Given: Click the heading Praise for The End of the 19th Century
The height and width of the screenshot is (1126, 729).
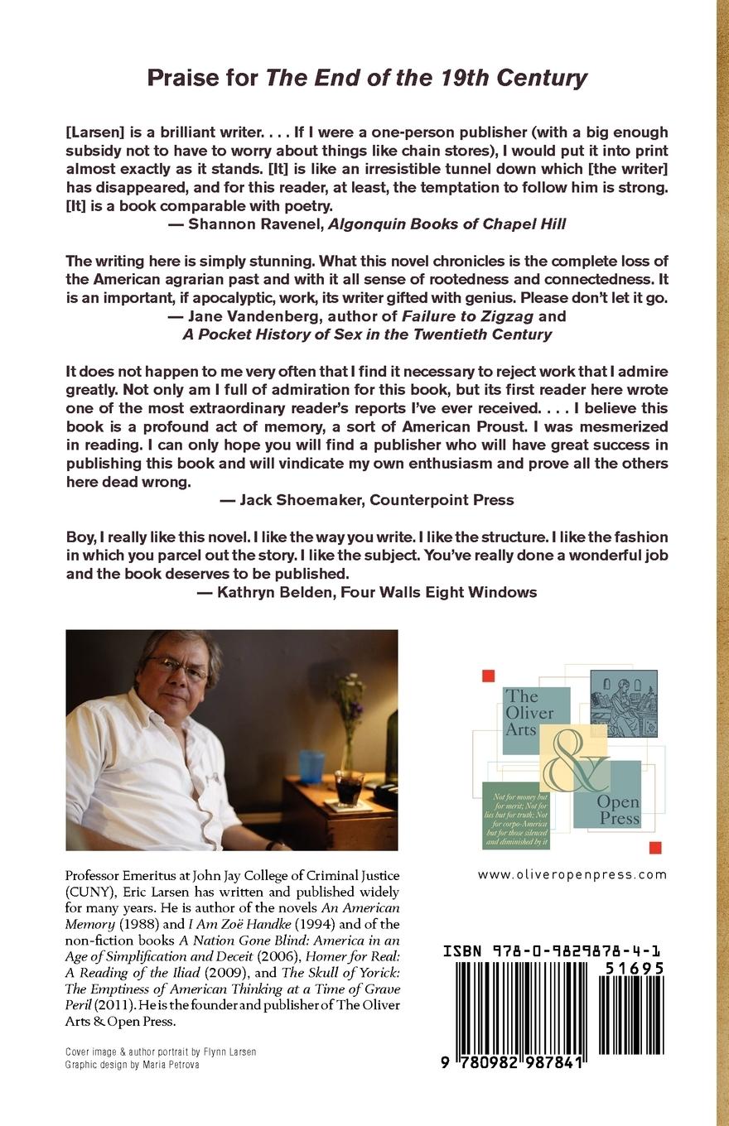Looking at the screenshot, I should [367, 78].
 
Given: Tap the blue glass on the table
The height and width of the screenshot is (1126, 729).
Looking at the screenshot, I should [312, 767].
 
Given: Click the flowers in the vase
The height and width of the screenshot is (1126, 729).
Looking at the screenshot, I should [350, 695].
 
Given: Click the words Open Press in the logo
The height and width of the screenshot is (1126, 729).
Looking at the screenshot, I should [620, 811].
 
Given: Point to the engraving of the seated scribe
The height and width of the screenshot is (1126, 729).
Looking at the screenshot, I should [624, 703].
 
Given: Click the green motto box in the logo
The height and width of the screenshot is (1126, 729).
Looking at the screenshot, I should [515, 815].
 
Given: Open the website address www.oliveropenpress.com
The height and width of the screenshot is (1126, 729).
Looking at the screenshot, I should [572, 874].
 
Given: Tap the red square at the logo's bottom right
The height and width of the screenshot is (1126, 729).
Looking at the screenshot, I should [654, 847].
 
